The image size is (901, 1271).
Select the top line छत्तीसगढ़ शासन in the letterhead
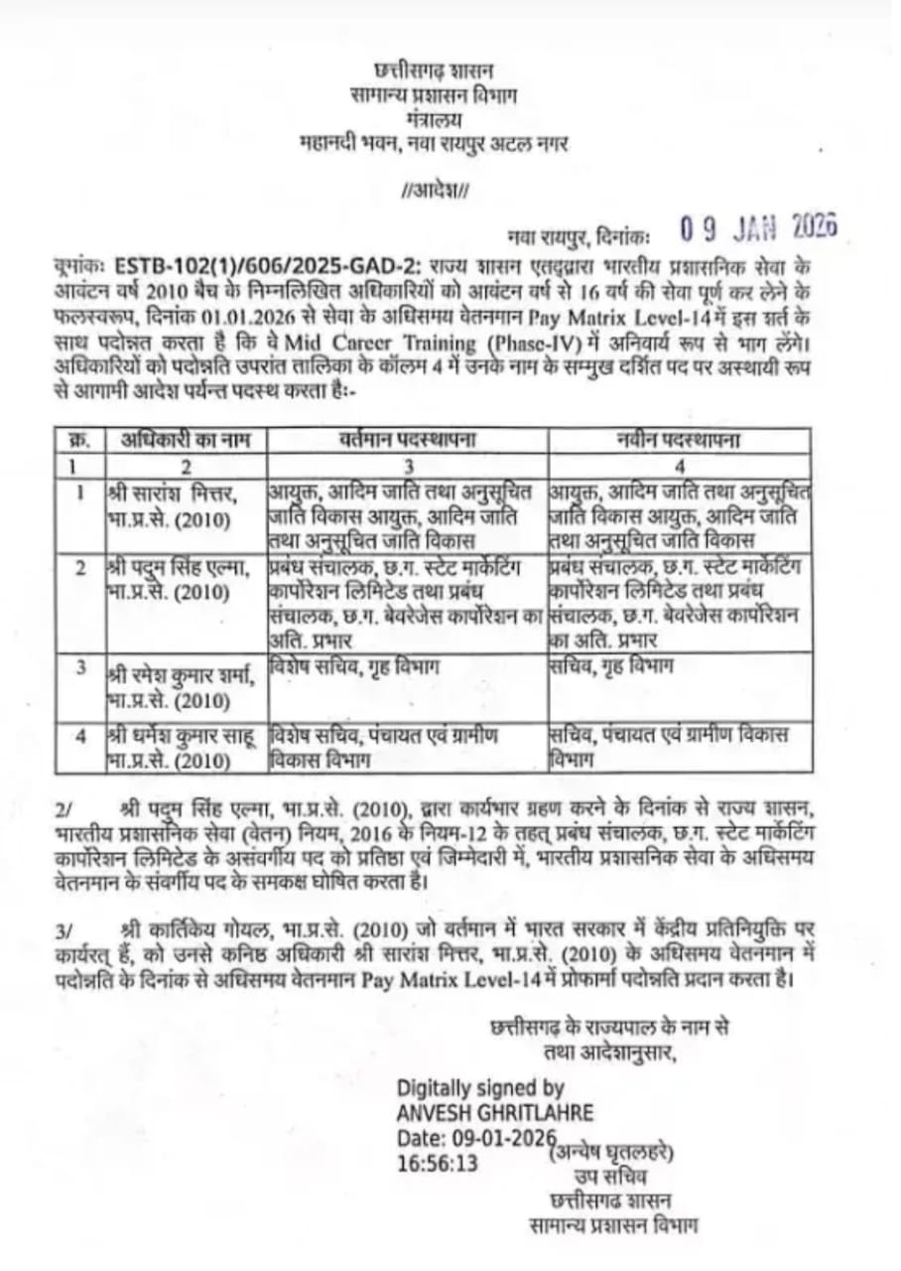434,71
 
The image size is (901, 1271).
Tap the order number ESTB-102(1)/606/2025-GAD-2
268,265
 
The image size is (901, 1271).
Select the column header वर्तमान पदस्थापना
406,440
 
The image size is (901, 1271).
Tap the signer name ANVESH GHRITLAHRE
495,1111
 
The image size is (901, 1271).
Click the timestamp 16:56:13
438,1162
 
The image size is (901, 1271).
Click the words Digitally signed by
480,1087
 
